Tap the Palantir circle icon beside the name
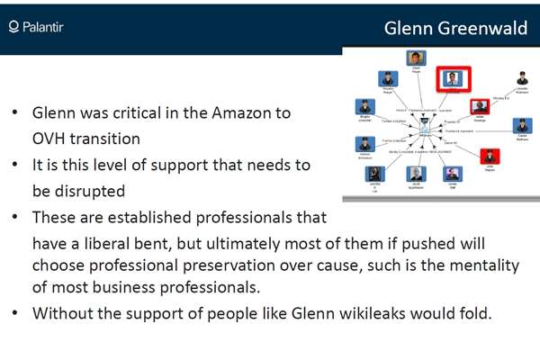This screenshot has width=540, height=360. click(x=13, y=29)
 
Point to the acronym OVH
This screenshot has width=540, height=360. click(x=49, y=139)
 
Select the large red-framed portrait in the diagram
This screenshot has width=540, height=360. click(x=450, y=78)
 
